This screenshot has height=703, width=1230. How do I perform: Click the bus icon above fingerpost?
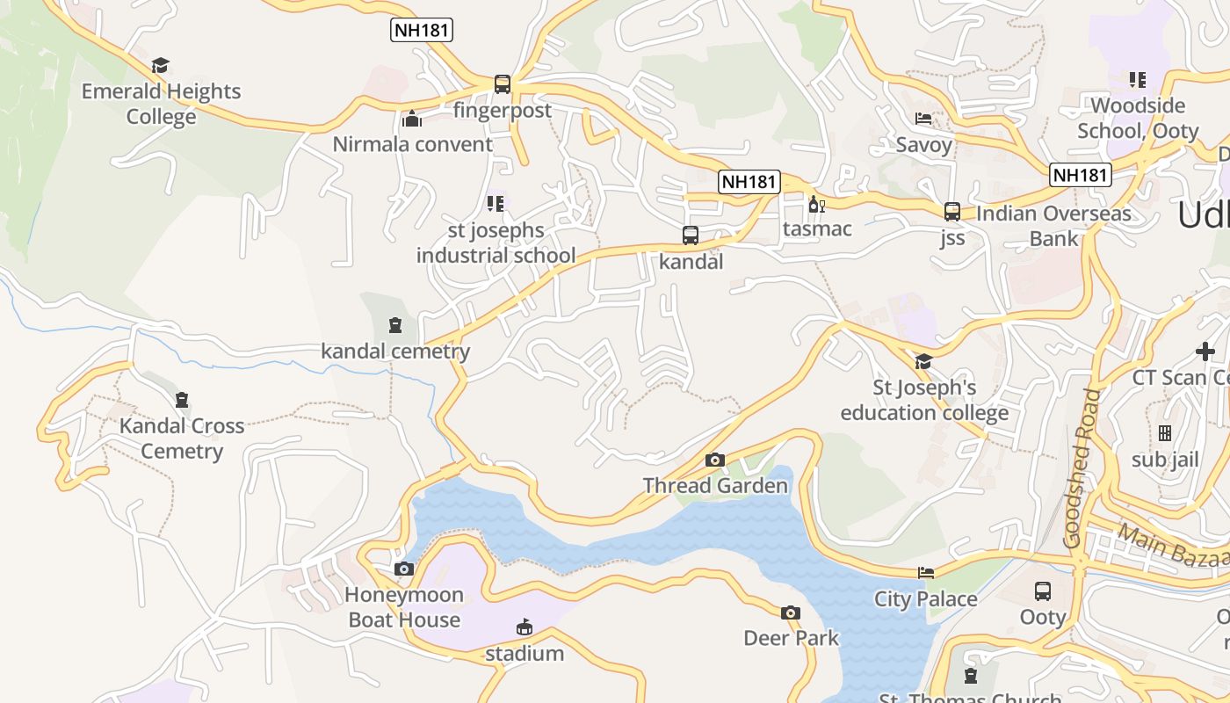pos(502,84)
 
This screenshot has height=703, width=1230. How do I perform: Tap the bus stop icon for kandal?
pos(691,236)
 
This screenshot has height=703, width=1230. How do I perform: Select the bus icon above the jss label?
pos(951,212)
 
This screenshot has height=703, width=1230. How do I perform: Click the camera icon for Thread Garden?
pos(715,460)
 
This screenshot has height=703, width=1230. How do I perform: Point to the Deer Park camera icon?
pos(791,612)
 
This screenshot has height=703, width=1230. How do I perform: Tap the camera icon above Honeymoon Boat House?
pos(404,569)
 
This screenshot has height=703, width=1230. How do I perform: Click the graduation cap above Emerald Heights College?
pos(160,66)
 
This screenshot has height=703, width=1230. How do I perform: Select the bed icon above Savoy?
pos(923,119)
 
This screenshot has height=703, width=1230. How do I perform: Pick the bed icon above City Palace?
pos(926,573)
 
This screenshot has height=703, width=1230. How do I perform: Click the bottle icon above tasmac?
pos(816,205)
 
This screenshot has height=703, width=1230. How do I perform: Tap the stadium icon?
pos(525,627)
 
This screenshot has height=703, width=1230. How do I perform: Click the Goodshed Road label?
pos(1082,469)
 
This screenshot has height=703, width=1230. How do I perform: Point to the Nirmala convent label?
pos(412,144)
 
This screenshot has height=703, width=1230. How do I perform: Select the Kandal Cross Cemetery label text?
pos(182,438)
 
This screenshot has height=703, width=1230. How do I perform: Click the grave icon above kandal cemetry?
pos(395,326)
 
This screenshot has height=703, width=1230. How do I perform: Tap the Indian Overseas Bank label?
pos(1053,226)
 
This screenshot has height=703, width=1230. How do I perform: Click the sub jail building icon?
pos(1165,433)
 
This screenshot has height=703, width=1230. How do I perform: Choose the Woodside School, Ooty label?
pos(1138,118)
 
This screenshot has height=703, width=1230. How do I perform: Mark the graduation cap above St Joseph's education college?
pos(923,362)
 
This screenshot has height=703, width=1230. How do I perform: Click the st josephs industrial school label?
pos(496,243)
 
